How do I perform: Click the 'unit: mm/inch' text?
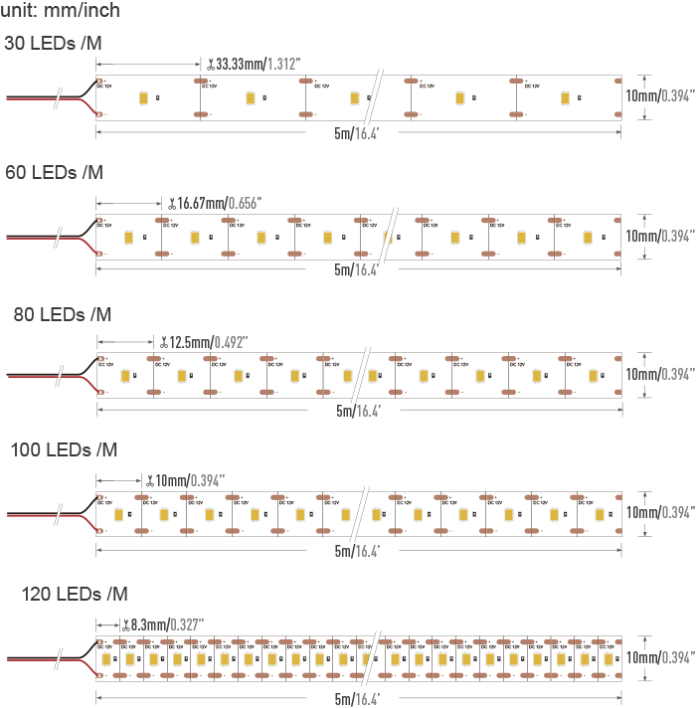click(x=62, y=11)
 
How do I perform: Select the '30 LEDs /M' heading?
click(x=53, y=44)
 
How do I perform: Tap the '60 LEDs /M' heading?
click(x=55, y=173)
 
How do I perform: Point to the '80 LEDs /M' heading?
click(x=63, y=315)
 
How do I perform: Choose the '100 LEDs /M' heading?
click(x=64, y=450)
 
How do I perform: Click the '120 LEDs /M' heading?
click(x=75, y=595)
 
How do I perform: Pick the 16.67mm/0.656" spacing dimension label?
click(x=218, y=203)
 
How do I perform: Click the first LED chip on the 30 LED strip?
click(x=145, y=96)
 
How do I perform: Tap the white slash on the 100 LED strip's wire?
click(x=60, y=515)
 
